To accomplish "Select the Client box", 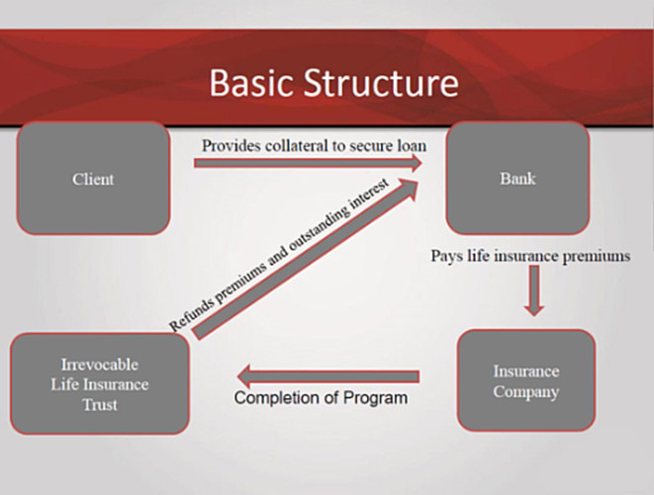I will (x=93, y=179).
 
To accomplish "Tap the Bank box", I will (x=517, y=179).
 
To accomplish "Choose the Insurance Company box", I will (x=525, y=381).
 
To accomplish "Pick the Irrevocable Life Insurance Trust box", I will (x=99, y=383).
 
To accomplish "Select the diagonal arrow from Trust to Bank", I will (x=307, y=261).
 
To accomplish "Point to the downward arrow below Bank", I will (x=533, y=291).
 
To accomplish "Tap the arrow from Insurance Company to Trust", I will (x=327, y=375).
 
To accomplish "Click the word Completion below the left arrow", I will (x=275, y=399).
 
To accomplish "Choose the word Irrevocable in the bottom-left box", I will (x=99, y=366).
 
